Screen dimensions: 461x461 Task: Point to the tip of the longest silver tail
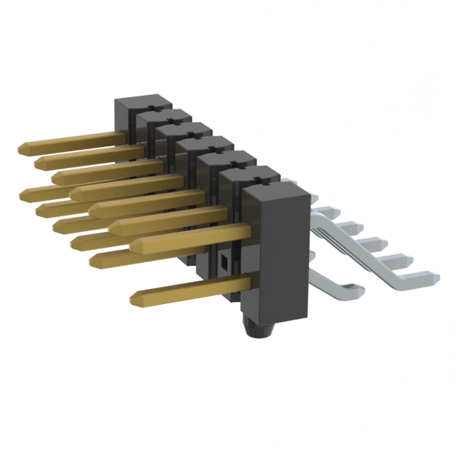(433, 275)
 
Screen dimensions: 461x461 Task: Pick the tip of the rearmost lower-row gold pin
(26, 192)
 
